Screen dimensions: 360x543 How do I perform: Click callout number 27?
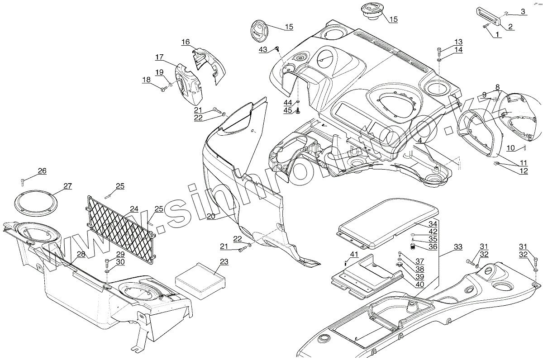[x=67, y=186]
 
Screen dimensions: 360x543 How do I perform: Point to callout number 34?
[x=433, y=224]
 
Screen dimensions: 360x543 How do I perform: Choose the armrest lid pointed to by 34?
[x=389, y=222]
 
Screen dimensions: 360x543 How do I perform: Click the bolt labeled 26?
[x=23, y=182]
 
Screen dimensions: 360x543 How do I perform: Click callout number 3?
[x=523, y=11]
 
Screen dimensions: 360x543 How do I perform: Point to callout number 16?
[x=186, y=42]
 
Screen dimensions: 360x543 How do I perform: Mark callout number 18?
[x=146, y=80]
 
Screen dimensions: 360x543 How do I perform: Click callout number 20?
[x=210, y=216]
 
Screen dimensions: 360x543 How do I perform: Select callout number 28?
[x=81, y=254]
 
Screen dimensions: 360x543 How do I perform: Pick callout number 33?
[x=458, y=247]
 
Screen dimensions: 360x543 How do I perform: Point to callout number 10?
[x=510, y=147]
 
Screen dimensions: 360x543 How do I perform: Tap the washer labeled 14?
[x=439, y=59]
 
